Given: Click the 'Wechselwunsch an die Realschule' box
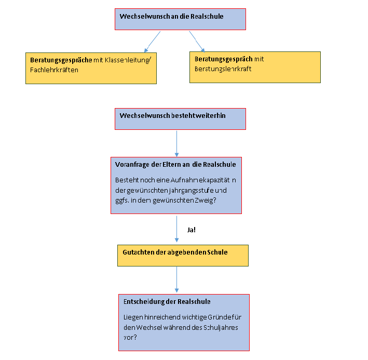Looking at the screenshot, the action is click(x=180, y=19).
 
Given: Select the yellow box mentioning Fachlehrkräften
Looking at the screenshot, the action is click(x=91, y=69).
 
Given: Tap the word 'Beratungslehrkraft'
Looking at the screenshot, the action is click(x=223, y=69).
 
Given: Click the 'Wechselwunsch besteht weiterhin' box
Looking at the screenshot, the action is click(x=180, y=119).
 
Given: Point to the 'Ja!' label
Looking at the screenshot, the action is click(x=192, y=230).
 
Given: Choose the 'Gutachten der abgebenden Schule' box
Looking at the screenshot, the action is click(x=183, y=256).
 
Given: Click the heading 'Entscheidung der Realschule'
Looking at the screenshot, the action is click(x=167, y=302).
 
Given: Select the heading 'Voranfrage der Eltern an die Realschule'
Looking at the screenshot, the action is click(x=175, y=165).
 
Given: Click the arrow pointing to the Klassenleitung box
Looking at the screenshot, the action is click(x=153, y=42).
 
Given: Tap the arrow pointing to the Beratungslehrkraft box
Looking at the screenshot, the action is click(x=197, y=42).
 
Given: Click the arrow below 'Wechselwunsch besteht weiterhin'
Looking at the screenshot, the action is click(x=176, y=144).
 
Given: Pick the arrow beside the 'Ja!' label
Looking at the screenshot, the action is click(x=176, y=229).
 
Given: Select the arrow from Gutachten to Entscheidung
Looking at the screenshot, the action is click(x=176, y=279).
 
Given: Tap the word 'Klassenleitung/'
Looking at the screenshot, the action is click(x=128, y=60).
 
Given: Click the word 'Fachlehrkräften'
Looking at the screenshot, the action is click(x=54, y=70).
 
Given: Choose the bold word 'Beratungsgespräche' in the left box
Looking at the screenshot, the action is click(x=61, y=60).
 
